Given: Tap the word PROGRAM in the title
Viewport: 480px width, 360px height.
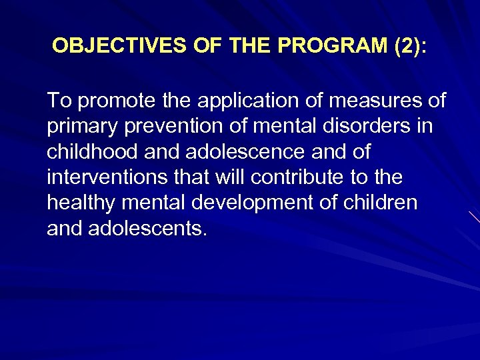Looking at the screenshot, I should (315, 46).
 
